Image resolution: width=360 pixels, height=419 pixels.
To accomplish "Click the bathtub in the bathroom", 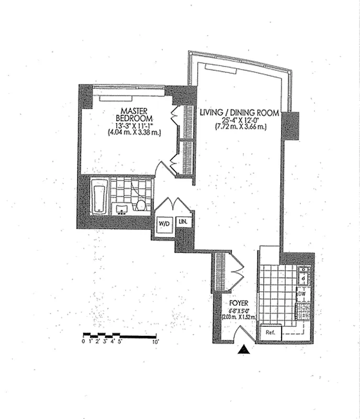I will click(x=100, y=197).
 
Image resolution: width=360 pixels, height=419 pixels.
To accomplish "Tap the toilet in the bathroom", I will click(x=141, y=205).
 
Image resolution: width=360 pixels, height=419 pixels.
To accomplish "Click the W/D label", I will click(x=164, y=224).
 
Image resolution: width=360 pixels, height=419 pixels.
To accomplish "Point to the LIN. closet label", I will click(x=184, y=222).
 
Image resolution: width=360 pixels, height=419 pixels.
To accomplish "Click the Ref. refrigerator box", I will click(x=271, y=333).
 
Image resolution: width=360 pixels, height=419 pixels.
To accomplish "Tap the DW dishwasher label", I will click(x=301, y=295).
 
